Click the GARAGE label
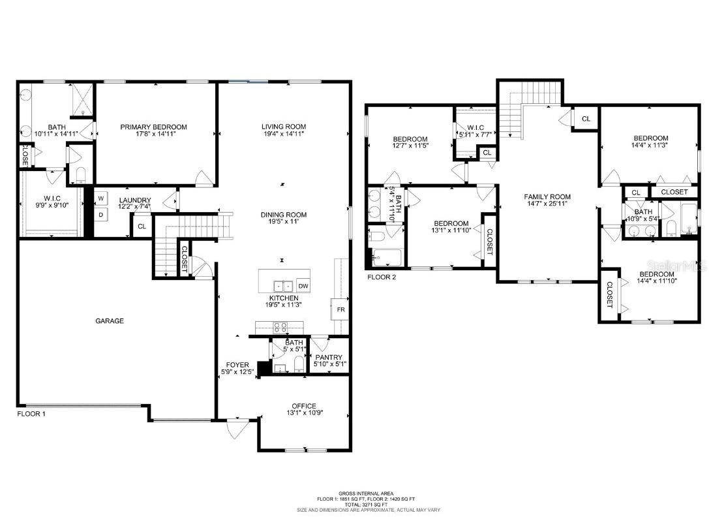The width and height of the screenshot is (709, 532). pos(109,321)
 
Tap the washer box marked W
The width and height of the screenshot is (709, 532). pos(102,198)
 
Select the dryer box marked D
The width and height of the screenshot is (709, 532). pos(102,214)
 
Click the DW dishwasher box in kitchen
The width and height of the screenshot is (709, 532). pos(303,286)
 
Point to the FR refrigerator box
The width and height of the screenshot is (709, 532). pos(340,309)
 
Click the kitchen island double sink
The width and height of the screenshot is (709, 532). pos(282,286)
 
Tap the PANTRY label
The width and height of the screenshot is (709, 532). pos(329,357)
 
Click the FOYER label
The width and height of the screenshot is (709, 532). pos(237,365)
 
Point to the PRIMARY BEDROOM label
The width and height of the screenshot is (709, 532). pos(153,127)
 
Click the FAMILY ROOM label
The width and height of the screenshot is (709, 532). pos(548,196)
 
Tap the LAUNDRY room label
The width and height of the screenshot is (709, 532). pos(135,200)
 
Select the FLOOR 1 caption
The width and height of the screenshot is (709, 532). pos(31,414)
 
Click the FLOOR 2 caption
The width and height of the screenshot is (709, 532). pos(382,277)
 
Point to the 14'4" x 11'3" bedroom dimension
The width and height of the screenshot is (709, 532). pos(651,146)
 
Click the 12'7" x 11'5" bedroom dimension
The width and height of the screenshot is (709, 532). pos(410,147)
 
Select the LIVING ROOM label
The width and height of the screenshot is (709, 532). pos(283,127)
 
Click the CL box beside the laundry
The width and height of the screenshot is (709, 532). pos(142,227)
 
